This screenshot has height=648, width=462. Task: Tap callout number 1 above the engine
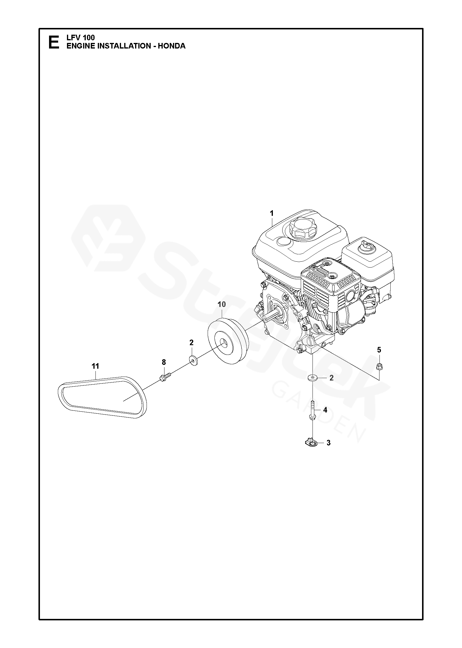272,213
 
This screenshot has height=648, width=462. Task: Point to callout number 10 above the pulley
222,304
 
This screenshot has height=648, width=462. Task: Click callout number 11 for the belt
95,366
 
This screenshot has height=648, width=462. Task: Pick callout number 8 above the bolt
164,362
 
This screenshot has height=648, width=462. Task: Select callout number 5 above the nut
379,350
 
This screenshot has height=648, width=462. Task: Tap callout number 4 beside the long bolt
325,410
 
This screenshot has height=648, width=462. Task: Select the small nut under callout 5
379,366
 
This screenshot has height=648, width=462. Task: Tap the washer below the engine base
313,377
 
